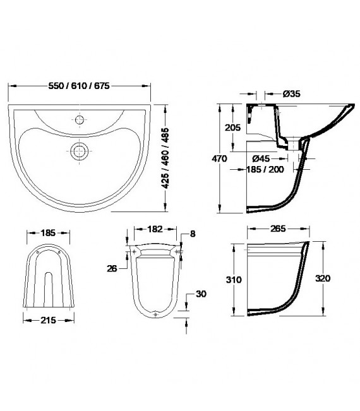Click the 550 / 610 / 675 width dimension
(x=81, y=86)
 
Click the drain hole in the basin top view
(x=80, y=150)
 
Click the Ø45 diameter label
(x=262, y=158)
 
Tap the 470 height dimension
(x=219, y=160)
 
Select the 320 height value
(x=323, y=278)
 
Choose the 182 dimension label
(x=155, y=229)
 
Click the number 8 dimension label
(x=193, y=234)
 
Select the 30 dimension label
(x=200, y=294)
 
